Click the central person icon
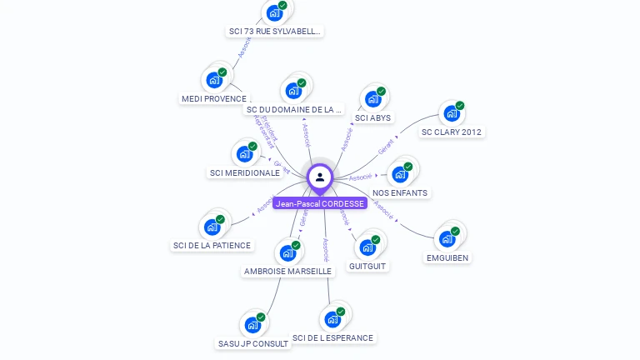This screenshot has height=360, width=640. point(320,177)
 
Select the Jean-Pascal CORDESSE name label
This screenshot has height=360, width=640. point(320,203)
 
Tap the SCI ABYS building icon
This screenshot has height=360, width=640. point(372,99)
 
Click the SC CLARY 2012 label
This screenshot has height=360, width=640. point(451,132)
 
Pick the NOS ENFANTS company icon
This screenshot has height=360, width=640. point(400,174)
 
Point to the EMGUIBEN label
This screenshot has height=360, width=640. point(447,257)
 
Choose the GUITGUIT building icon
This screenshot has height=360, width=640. point(367,247)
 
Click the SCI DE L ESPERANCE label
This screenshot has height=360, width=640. point(333,337)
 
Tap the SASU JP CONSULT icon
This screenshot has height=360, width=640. point(252,325)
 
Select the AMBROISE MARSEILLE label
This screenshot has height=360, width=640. point(287,271)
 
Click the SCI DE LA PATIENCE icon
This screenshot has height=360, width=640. point(212,227)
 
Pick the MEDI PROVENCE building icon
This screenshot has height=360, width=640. point(213,80)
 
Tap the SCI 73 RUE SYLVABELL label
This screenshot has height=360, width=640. point(275,31)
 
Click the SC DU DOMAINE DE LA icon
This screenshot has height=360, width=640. point(293,90)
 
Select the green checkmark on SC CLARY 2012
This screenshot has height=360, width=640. point(460,106)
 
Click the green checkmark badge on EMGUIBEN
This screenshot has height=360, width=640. point(455,232)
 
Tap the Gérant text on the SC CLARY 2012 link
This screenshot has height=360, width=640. point(386,147)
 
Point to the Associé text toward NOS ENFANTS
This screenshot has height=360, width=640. point(360,177)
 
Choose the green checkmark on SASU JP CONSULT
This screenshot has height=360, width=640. point(261,317)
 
